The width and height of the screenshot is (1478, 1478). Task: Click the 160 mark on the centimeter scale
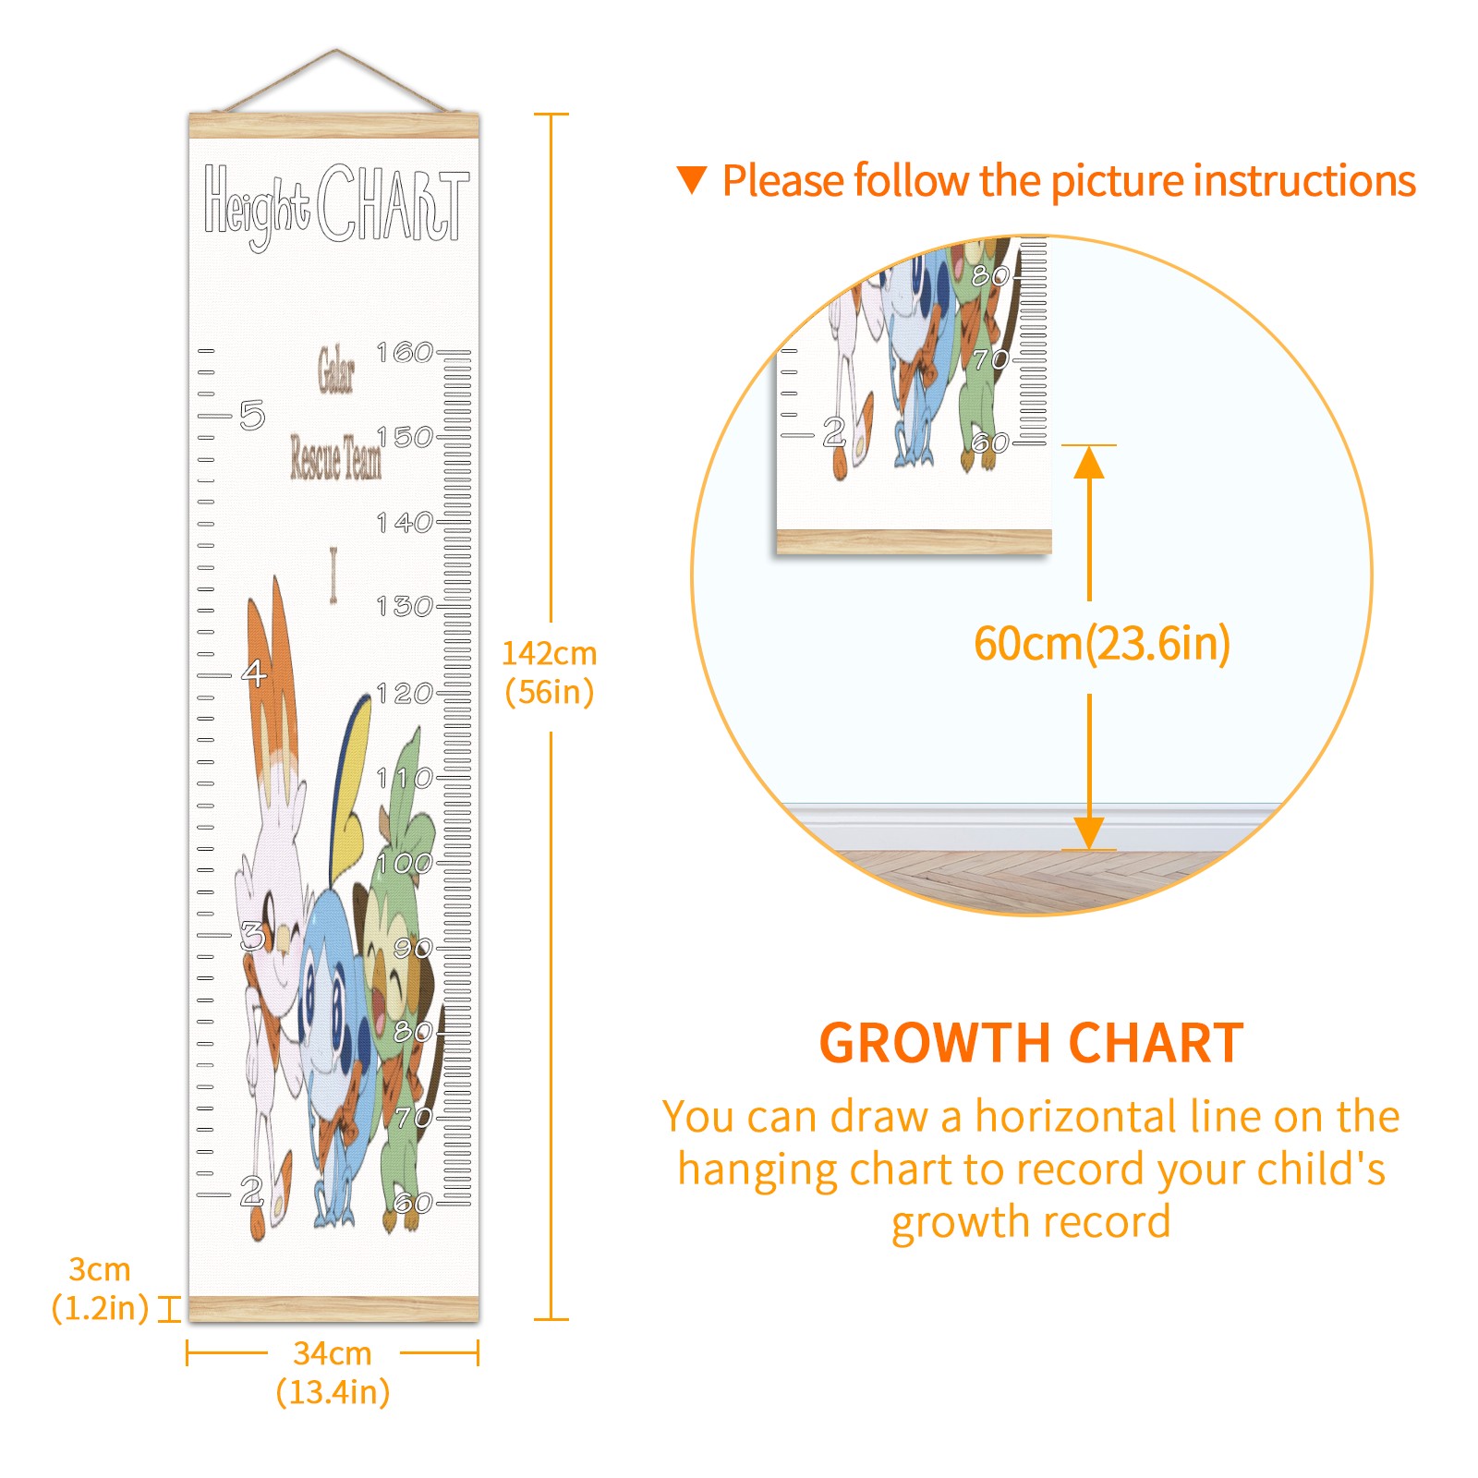click(x=405, y=352)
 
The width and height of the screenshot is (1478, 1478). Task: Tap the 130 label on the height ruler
click(x=405, y=606)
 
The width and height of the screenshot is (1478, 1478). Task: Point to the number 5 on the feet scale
click(x=252, y=415)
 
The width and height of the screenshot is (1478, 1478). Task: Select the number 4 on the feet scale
click(x=254, y=672)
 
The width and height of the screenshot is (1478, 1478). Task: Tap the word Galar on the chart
click(x=336, y=369)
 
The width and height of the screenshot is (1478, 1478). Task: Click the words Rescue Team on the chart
click(x=335, y=457)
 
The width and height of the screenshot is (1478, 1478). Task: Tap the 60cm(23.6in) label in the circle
click(x=1102, y=643)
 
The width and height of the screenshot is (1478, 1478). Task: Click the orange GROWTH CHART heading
click(x=1031, y=1043)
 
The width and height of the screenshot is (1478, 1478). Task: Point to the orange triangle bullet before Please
click(x=691, y=180)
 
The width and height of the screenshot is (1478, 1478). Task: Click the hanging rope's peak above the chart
click(x=336, y=50)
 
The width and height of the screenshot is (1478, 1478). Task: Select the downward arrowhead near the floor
click(x=1089, y=832)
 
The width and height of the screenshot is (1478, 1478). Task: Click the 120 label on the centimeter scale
click(x=405, y=693)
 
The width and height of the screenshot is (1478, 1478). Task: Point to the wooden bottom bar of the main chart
click(x=334, y=1308)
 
